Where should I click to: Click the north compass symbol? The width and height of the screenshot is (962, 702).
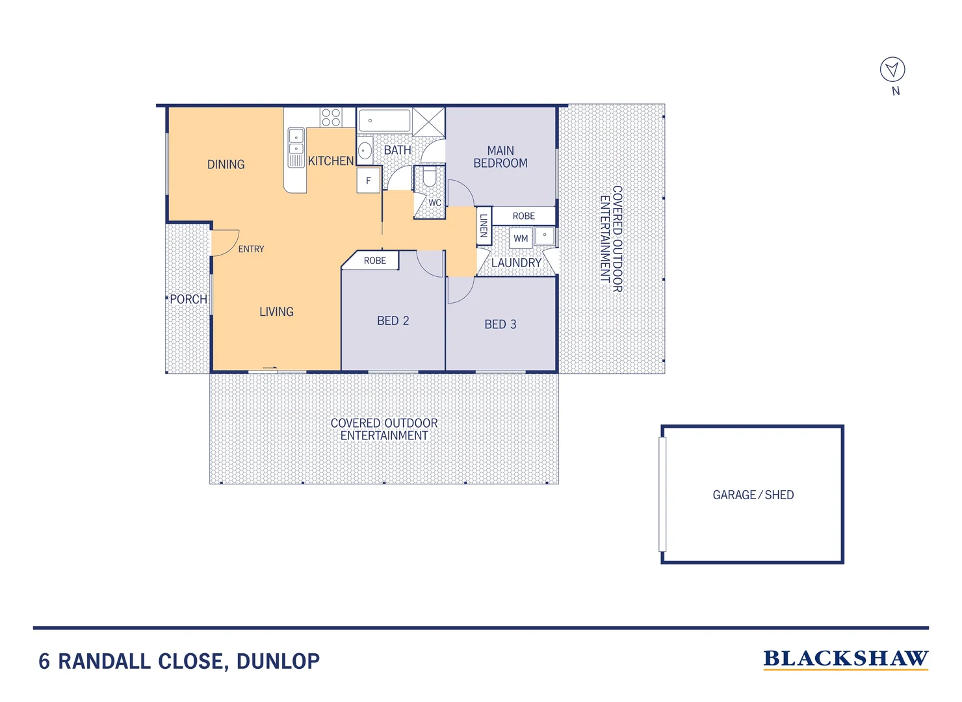tap(892, 69)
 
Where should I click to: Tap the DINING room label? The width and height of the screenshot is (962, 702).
tap(226, 164)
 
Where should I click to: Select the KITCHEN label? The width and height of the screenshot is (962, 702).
tap(331, 161)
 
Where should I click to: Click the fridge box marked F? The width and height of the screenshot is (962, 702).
tap(368, 181)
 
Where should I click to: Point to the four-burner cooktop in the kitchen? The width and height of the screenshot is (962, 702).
tap(331, 118)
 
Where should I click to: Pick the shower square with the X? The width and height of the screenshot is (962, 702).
tap(428, 122)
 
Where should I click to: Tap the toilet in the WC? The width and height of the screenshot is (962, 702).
tap(429, 176)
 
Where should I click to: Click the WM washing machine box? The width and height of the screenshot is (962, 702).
tap(521, 238)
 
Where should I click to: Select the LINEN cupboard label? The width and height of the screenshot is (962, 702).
tap(484, 226)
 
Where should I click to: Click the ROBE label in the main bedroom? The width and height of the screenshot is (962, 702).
tap(523, 216)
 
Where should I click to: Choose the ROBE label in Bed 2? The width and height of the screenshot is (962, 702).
tap(374, 261)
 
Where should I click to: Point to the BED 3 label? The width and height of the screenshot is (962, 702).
tap(500, 324)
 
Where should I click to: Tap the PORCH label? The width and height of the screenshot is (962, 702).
tap(188, 299)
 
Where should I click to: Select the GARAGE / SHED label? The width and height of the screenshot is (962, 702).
tap(753, 495)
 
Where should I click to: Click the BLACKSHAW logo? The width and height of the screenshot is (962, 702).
tap(845, 659)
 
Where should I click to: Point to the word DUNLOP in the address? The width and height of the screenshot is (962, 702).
tap(278, 661)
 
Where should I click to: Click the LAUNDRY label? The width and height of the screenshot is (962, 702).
tap(516, 263)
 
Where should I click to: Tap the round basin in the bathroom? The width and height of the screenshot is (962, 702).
tap(365, 151)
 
